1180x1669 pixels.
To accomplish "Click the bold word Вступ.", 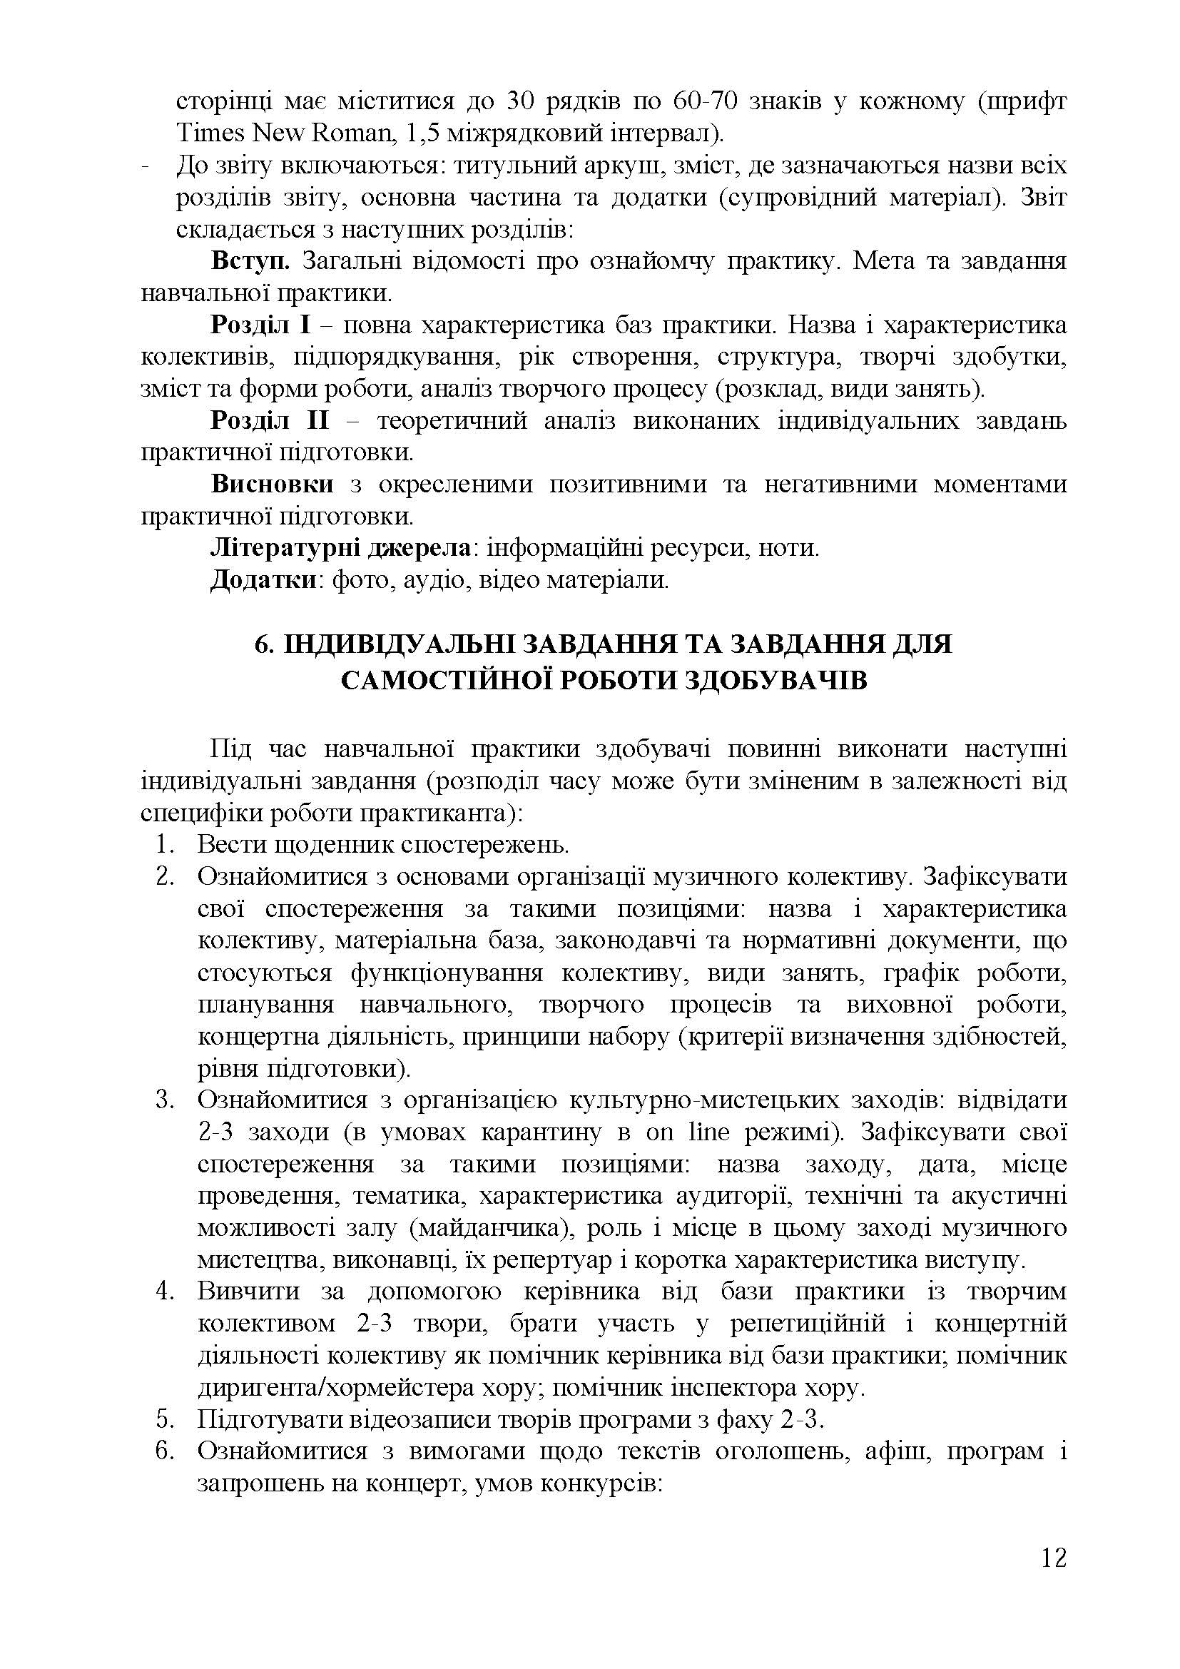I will click(x=250, y=261).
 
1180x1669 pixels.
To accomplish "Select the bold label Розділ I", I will click(x=260, y=325).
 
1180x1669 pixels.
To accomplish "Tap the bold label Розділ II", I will click(x=270, y=421).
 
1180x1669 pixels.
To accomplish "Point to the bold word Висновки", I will click(x=273, y=484).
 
